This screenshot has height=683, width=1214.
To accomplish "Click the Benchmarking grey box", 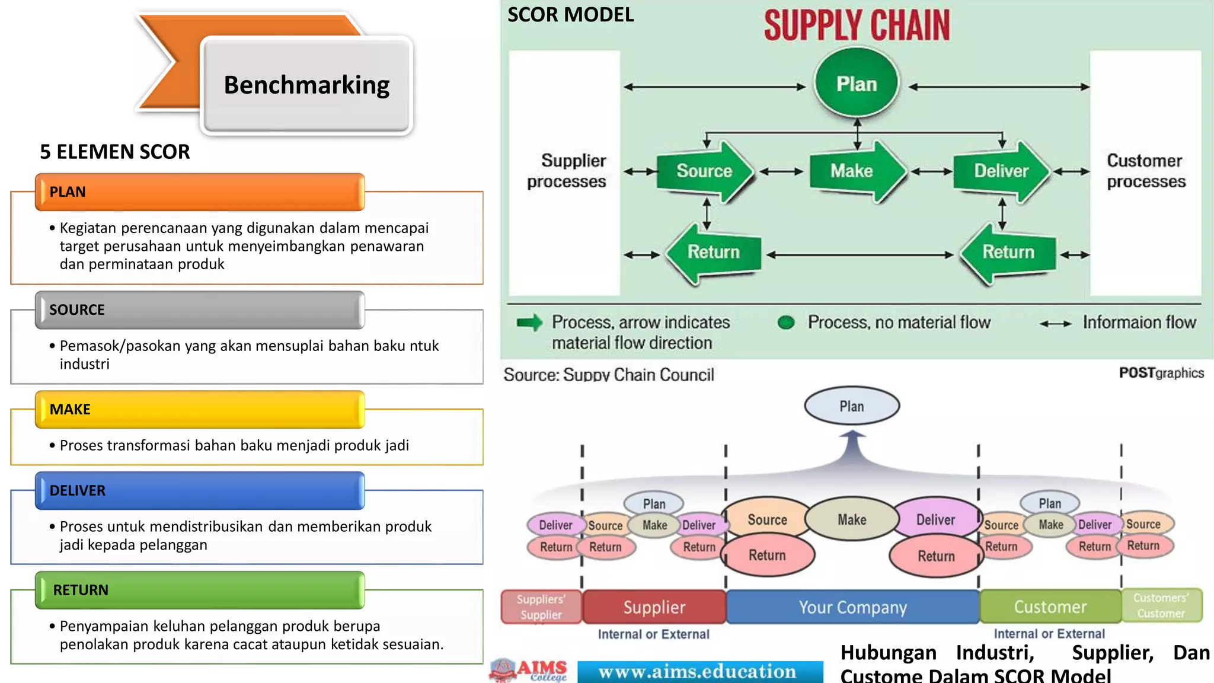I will [306, 85].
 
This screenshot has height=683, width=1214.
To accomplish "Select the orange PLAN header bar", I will [200, 192].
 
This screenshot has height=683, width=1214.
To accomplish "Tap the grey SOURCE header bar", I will [200, 309].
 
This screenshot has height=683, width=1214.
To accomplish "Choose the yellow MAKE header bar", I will [200, 409].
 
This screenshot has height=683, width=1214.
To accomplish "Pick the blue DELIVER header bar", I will [200, 490].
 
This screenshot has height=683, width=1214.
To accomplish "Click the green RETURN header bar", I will [200, 590].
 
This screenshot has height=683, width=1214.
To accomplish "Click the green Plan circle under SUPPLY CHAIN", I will [856, 84].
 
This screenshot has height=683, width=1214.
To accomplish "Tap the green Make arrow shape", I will [854, 171].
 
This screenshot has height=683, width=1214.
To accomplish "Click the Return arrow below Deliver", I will [1008, 253].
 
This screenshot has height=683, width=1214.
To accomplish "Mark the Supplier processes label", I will [567, 171].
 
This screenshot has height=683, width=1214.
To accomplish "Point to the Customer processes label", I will [1145, 171].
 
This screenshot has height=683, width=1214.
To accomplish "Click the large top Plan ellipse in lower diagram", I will [852, 406].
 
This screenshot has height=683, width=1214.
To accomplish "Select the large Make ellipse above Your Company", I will [852, 519].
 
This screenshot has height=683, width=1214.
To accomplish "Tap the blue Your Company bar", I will [852, 607].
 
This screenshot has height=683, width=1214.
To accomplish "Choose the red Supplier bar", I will [654, 607].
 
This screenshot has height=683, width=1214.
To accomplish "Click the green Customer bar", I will [1050, 607].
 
